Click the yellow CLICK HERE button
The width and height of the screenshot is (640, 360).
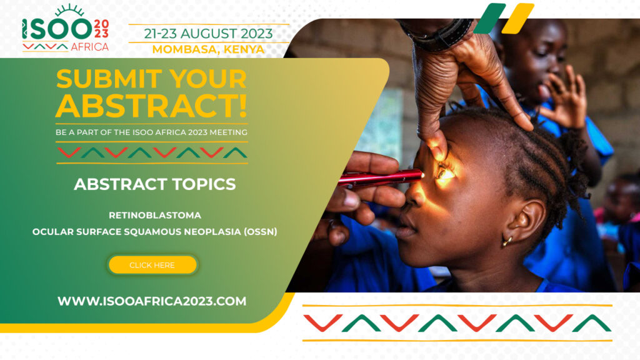coord(152,265)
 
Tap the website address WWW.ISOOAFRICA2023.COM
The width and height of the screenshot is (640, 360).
coord(152,301)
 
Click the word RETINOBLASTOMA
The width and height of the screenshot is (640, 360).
coord(155,215)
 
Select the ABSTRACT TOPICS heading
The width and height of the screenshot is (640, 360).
coord(155,184)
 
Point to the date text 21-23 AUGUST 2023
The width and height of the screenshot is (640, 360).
coord(208,33)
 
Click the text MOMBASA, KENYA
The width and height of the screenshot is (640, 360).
coord(208,49)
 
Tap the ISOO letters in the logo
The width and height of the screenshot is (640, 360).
coord(56,29)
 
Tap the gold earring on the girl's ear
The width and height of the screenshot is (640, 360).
coord(507,240)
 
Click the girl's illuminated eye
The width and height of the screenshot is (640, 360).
coord(444,172)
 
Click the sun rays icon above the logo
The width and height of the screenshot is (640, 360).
coord(69,10)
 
